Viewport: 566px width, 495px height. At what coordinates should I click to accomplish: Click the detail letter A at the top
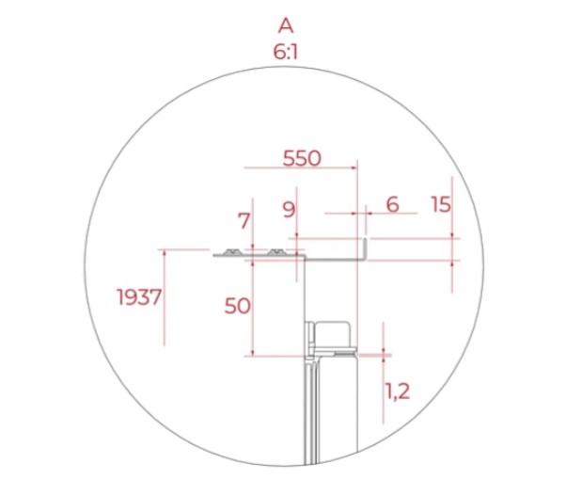[x=286, y=25]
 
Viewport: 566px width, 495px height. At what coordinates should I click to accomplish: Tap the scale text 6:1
[x=286, y=52]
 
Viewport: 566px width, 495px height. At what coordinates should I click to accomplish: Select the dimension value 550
[x=302, y=158]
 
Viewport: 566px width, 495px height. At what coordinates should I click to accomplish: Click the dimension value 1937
[x=139, y=297]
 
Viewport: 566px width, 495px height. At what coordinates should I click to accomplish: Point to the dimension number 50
[x=237, y=306]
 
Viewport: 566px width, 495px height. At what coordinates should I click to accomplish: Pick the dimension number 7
[x=244, y=221]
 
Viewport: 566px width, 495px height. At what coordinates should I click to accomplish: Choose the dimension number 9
[x=289, y=210]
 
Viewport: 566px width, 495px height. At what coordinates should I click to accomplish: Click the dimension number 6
[x=392, y=204]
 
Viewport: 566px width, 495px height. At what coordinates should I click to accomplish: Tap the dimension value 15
[x=441, y=204]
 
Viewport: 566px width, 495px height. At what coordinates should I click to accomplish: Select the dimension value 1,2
[x=398, y=391]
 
